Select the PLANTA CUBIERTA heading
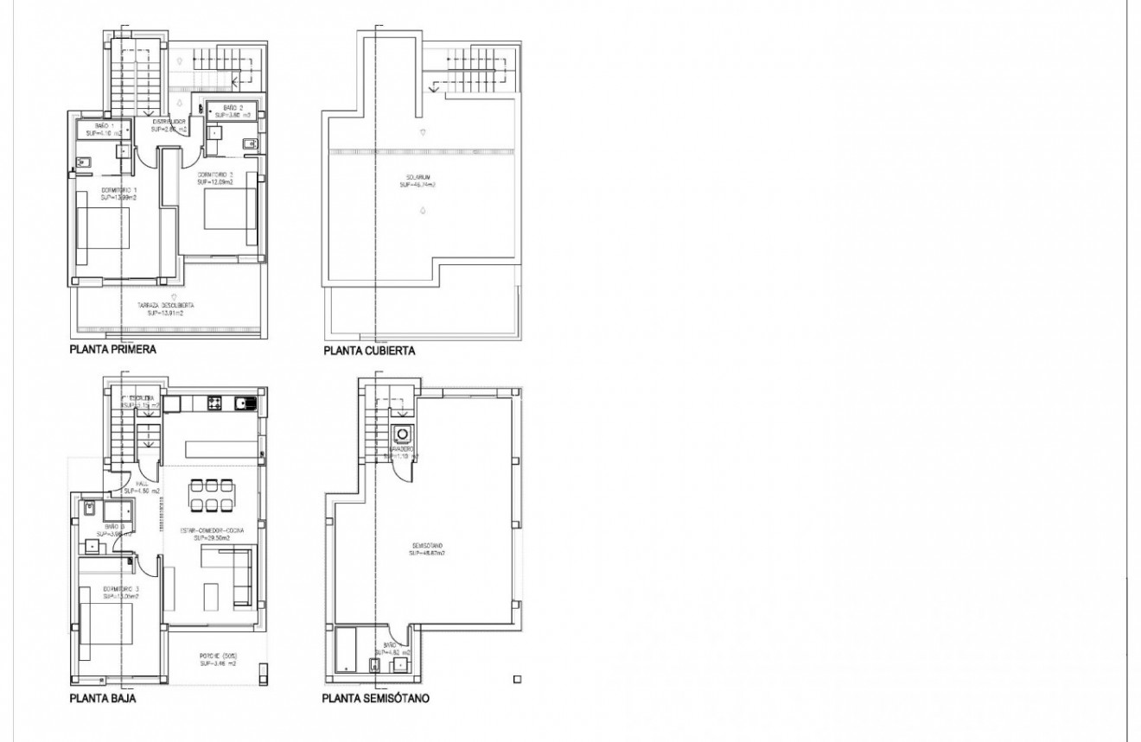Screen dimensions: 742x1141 tap(370, 352)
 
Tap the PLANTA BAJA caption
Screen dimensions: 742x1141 tap(102, 698)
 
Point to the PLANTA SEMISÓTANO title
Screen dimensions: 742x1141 tap(376, 698)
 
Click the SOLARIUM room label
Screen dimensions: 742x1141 tap(417, 182)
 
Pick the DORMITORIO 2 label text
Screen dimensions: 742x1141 tap(215, 179)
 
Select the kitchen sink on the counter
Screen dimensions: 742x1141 tap(249, 402)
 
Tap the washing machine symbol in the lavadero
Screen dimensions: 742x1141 tap(401, 434)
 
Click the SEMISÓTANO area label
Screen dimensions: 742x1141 tap(427, 549)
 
